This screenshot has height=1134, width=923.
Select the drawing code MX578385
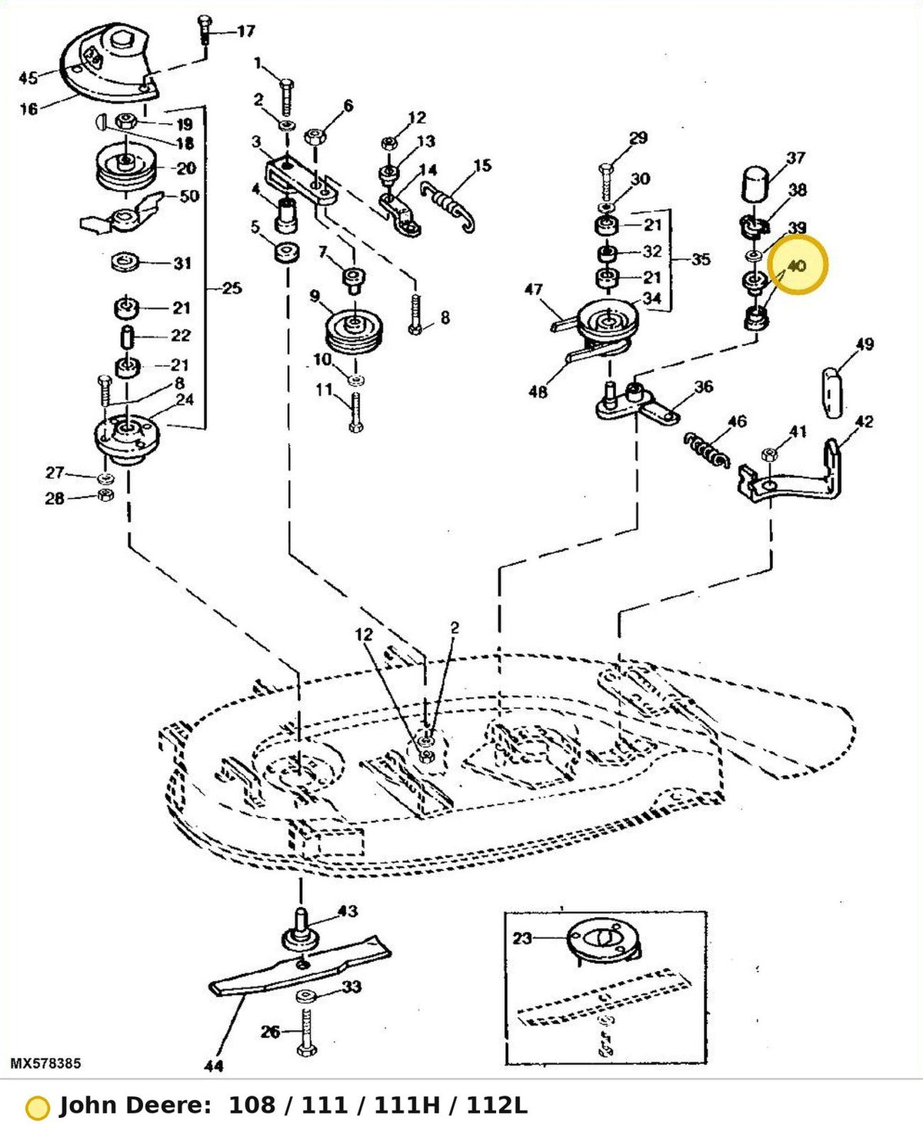[46, 1063]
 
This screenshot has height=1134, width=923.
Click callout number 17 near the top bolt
[246, 32]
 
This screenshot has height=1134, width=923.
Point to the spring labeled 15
[448, 205]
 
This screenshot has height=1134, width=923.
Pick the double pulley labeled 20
[125, 169]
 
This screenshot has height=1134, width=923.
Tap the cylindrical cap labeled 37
[756, 184]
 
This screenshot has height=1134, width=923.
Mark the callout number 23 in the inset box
[522, 937]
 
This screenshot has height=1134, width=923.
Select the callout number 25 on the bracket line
[232, 288]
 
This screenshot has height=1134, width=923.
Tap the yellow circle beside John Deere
[37, 1109]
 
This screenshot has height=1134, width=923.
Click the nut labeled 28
[106, 495]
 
